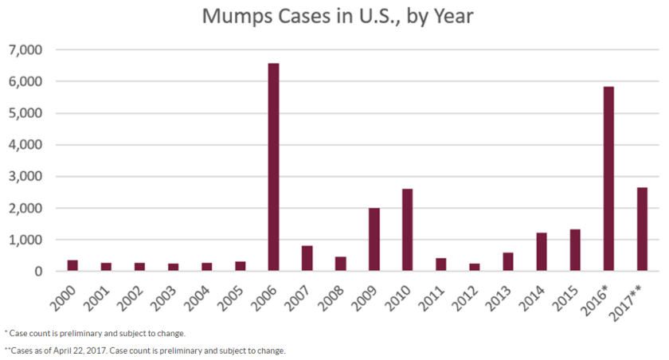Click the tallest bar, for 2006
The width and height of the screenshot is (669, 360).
pos(273,167)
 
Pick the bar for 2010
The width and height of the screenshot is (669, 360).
pos(407,230)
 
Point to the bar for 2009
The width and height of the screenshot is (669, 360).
pos(374,240)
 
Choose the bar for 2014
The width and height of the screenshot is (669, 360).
pos(542,252)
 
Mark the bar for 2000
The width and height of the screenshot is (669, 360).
pos(72,265)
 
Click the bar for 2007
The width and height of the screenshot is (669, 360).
pos(307,258)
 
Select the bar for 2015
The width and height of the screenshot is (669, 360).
pos(575,250)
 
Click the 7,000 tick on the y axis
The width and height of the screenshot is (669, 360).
pos(28,50)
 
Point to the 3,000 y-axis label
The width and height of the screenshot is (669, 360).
pos(28,177)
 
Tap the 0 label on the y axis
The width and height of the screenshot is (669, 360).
pos(38,272)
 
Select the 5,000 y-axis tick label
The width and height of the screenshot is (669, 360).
pos(28,113)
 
